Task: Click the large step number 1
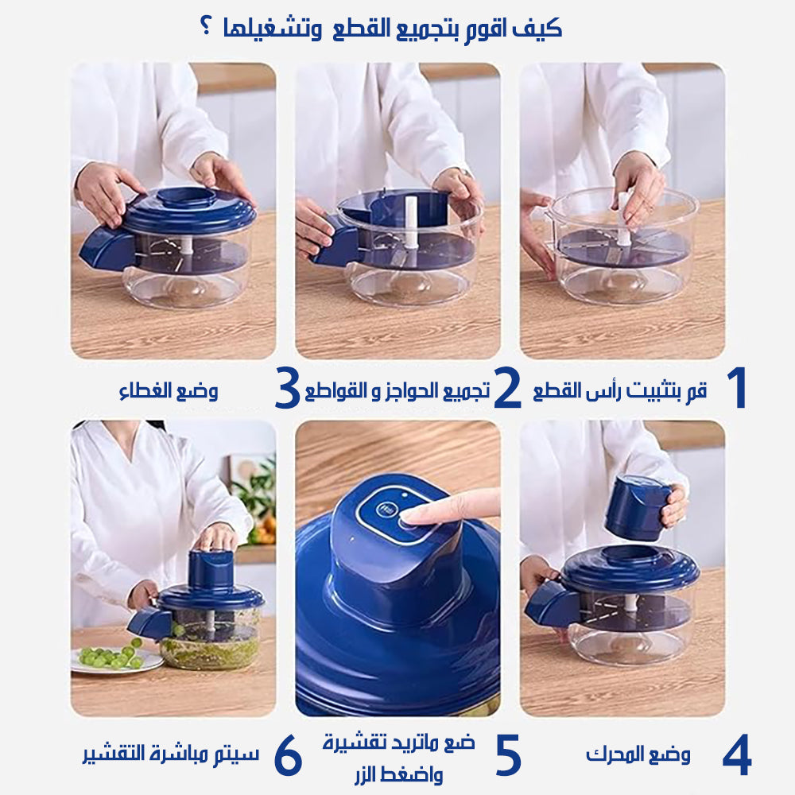737,387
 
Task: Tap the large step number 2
507,388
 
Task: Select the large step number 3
287,388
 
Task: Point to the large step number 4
737,755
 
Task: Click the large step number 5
508,755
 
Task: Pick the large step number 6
288,755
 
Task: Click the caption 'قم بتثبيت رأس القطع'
620,390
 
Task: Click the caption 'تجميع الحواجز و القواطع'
397,390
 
